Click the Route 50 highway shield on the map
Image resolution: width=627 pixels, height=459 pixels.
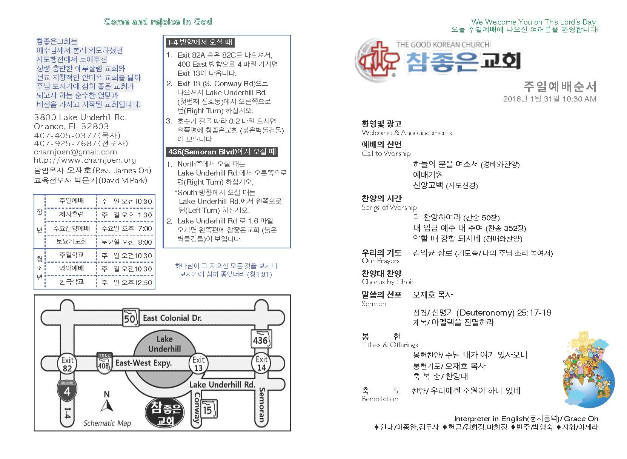129,317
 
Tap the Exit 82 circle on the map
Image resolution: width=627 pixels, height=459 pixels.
67,364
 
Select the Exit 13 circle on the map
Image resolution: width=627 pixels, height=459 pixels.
198,364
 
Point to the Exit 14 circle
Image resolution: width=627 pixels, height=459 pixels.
261,363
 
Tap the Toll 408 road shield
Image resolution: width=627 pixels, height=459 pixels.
104,363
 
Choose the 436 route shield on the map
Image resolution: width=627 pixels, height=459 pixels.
261,339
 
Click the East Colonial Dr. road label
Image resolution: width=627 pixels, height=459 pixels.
172,318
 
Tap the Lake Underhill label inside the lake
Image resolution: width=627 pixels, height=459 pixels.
164,344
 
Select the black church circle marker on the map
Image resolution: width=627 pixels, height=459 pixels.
165,413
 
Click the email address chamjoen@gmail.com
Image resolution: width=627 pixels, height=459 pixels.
75,152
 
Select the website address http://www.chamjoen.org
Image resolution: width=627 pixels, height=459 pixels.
85,160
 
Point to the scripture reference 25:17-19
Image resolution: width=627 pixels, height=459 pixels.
534,313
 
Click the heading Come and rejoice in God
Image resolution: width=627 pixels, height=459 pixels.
158,22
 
